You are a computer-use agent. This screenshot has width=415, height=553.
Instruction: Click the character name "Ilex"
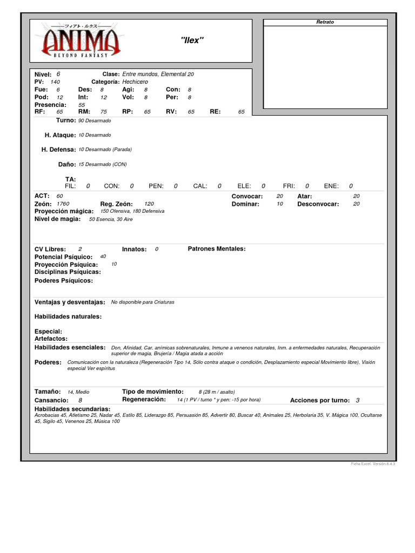point(191,41)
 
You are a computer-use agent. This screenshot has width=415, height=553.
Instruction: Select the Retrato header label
point(325,22)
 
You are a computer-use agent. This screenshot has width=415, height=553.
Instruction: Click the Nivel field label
point(43,73)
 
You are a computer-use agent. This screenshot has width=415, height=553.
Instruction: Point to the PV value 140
point(55,82)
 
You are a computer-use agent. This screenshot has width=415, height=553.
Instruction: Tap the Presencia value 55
point(82,105)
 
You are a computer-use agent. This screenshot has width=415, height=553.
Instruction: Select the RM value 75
point(104,112)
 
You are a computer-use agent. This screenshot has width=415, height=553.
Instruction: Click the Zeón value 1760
point(63,204)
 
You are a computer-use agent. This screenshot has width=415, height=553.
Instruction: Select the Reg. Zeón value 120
point(142,204)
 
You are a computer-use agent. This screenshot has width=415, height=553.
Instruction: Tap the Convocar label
point(247,196)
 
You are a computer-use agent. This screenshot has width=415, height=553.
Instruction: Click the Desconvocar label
point(318,204)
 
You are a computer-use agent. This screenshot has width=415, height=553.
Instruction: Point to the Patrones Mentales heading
point(216,249)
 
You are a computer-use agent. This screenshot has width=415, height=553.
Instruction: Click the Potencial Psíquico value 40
point(103,257)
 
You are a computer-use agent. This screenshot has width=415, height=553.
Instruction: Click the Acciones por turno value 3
point(358,400)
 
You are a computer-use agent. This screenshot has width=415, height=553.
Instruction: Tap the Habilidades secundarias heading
point(72,409)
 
